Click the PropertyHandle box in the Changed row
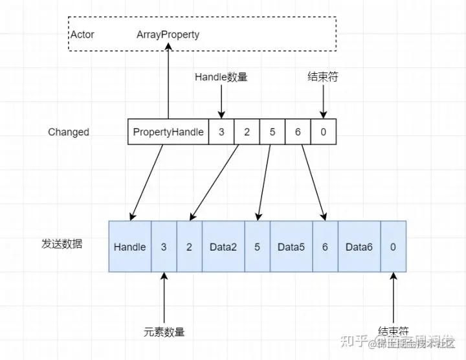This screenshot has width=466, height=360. pyautogui.click(x=168, y=132)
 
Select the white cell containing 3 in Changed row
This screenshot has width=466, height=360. pyautogui.click(x=221, y=132)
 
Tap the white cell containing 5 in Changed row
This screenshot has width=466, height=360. pyautogui.click(x=272, y=132)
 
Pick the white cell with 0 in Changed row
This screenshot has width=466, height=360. pyautogui.click(x=323, y=132)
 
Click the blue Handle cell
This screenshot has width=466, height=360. pyautogui.click(x=129, y=247)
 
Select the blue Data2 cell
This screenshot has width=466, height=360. pyautogui.click(x=223, y=247)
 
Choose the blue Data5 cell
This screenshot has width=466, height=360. pyautogui.click(x=291, y=247)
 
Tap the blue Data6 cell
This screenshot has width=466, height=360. pyautogui.click(x=359, y=247)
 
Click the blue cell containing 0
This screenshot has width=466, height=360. pyautogui.click(x=393, y=247)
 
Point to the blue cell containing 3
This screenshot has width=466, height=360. pyautogui.click(x=163, y=247)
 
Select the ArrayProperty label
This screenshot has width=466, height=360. pyautogui.click(x=168, y=34)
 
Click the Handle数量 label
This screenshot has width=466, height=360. pyautogui.click(x=221, y=77)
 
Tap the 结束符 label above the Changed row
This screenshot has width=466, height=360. pyautogui.click(x=322, y=77)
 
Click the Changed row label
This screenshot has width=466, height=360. pyautogui.click(x=69, y=132)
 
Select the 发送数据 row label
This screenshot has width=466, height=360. pyautogui.click(x=61, y=244)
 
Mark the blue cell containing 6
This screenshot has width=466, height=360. pyautogui.click(x=325, y=247)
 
